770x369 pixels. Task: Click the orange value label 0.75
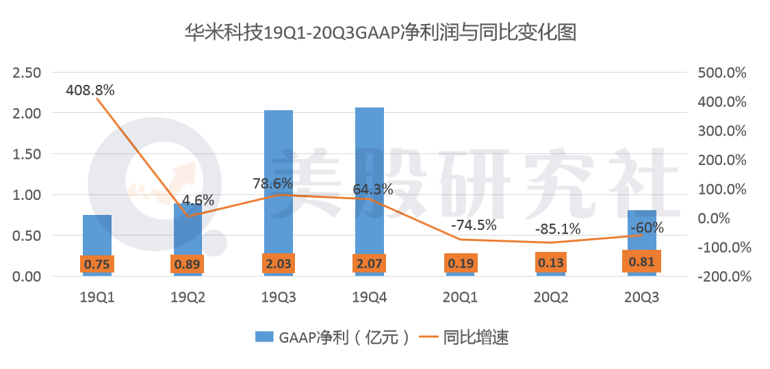click(x=97, y=264)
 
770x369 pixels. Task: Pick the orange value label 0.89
click(x=188, y=264)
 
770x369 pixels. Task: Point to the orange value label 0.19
click(x=459, y=263)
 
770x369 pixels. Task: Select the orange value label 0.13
click(x=550, y=263)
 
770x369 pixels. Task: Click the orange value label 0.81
click(x=641, y=262)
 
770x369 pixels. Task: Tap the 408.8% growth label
click(x=90, y=90)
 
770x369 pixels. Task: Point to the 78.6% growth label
click(x=273, y=183)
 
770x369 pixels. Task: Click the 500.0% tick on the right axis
click(x=722, y=73)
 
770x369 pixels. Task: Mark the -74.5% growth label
click(x=474, y=224)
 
